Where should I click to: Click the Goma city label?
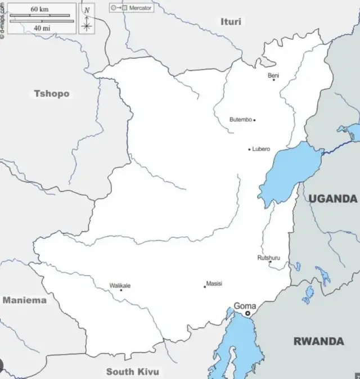point(245,306)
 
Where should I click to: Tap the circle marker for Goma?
point(247,313)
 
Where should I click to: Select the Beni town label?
point(273,75)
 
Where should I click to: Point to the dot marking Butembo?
point(254,120)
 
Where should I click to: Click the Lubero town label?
point(261,149)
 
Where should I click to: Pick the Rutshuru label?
point(268,258)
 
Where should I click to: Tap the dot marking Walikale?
point(121,290)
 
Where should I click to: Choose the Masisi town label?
point(214,283)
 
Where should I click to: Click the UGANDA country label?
point(332,198)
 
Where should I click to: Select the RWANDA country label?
point(318,341)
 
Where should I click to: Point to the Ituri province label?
point(231,21)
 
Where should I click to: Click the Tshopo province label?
point(52,93)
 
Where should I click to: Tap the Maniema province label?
point(25,300)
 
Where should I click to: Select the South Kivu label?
point(133,371)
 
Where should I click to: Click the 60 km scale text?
point(40,9)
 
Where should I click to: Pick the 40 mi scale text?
point(40,28)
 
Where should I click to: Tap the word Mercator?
point(140,8)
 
